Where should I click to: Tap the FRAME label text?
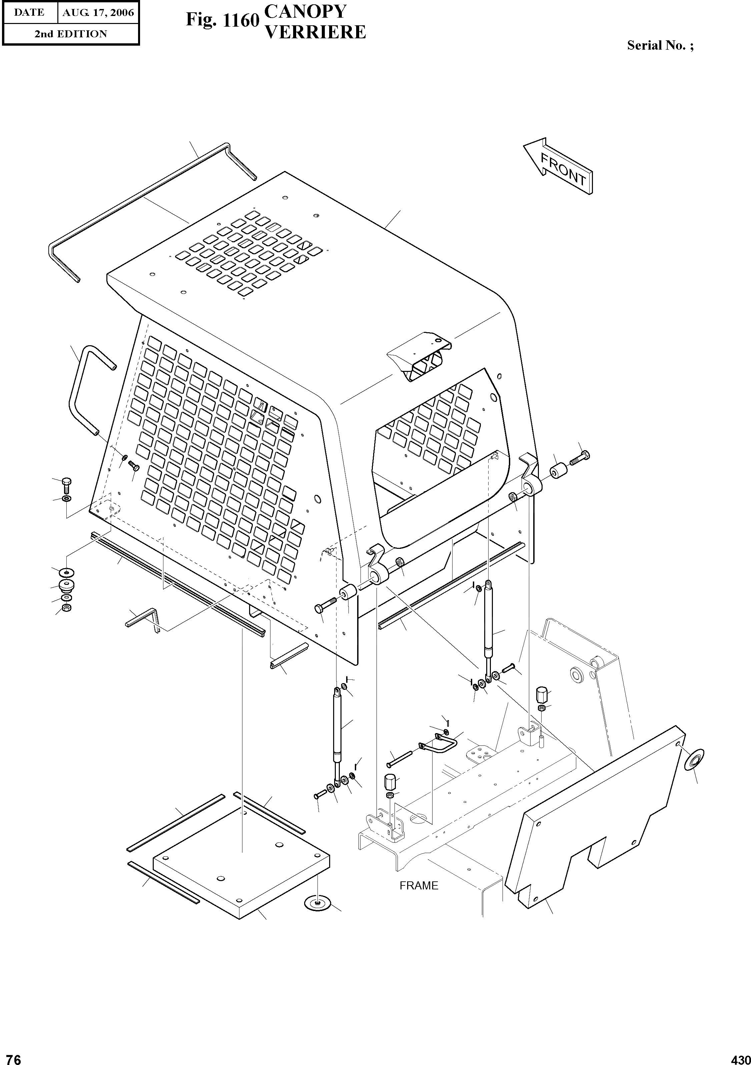[419, 885]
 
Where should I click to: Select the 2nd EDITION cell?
[71, 34]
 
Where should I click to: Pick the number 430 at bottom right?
[740, 1057]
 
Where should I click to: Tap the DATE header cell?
[29, 13]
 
